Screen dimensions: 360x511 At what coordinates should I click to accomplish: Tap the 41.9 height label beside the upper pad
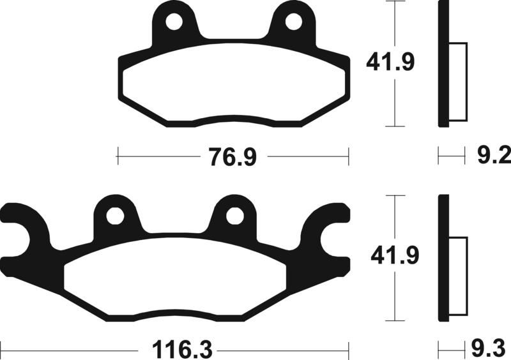click(391, 62)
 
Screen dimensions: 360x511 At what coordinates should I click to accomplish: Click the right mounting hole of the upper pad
click(293, 22)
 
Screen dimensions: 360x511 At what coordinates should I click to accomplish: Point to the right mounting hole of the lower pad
click(234, 216)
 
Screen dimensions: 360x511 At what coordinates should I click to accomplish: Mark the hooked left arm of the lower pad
click(26, 223)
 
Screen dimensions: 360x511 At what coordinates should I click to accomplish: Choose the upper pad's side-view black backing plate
click(441, 64)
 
